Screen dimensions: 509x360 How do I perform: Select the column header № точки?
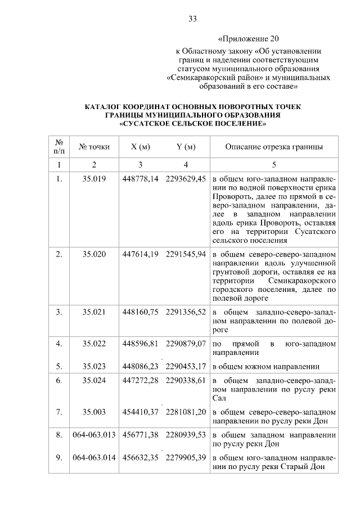pyautogui.click(x=94, y=147)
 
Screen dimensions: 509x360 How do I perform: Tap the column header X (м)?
pyautogui.click(x=140, y=147)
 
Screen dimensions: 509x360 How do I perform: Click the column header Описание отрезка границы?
pyautogui.click(x=274, y=147)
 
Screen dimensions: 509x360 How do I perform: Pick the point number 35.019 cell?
pyautogui.click(x=94, y=179)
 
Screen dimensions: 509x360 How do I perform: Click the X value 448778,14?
pyautogui.click(x=141, y=179)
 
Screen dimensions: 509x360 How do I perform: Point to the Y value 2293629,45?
pyautogui.click(x=186, y=179)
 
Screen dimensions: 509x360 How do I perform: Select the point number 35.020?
pyautogui.click(x=94, y=254)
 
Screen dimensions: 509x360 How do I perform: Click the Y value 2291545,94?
pyautogui.click(x=186, y=254)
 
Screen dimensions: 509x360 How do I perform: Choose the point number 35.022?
pyautogui.click(x=94, y=343)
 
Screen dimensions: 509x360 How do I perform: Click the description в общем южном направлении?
pyautogui.click(x=266, y=366)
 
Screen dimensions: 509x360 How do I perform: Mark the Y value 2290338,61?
pyautogui.click(x=186, y=381)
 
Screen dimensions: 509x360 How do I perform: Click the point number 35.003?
pyautogui.click(x=94, y=412)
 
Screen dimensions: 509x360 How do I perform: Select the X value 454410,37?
pyautogui.click(x=141, y=412)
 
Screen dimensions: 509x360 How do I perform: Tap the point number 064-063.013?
pyautogui.click(x=94, y=435)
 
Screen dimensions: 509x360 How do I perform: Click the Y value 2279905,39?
pyautogui.click(x=186, y=457)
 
